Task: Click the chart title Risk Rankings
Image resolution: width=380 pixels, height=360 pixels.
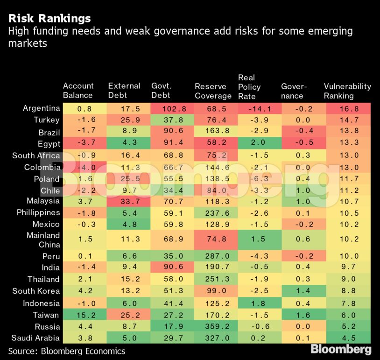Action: coord(49,19)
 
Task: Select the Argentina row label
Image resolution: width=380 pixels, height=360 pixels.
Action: coord(42,108)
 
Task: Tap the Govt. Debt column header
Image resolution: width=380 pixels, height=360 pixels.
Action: coord(162,91)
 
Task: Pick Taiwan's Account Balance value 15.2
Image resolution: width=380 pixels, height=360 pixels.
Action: coord(84,315)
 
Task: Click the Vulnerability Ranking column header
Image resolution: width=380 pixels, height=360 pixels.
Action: coord(347,91)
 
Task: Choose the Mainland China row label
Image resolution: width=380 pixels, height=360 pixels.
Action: coord(43,240)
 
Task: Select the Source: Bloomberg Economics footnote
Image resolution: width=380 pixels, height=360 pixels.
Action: coord(66,351)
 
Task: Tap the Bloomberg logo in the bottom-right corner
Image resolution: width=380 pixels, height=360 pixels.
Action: coord(341,349)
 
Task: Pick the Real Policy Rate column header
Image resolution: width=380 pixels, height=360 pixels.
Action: coord(249,87)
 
